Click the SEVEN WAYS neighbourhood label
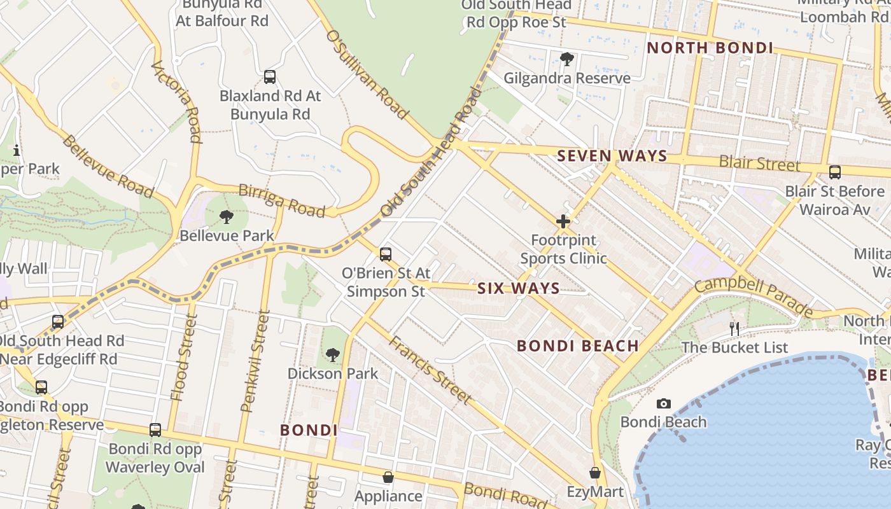tap(612, 156)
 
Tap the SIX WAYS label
tap(519, 288)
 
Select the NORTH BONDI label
tap(710, 48)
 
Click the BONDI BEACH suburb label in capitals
tap(578, 346)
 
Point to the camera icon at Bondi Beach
tap(663, 403)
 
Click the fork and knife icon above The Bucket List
tap(734, 328)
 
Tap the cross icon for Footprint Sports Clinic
tap(563, 221)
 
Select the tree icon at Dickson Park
tap(332, 354)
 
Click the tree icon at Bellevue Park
tap(226, 217)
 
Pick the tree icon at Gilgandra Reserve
tap(566, 60)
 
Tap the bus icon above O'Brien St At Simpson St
tap(385, 254)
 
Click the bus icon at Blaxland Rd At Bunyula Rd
tap(270, 77)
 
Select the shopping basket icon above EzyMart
tap(594, 473)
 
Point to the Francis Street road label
tap(431, 370)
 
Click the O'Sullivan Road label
tap(367, 74)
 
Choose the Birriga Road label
tap(281, 200)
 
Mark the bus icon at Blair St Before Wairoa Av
tap(834, 172)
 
